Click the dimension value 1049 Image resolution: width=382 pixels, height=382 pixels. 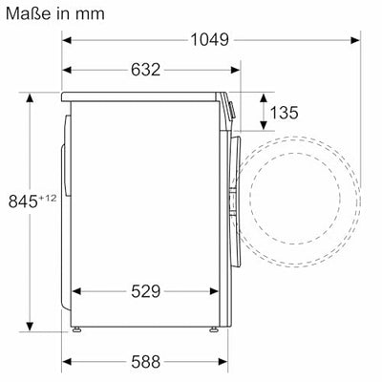click(x=209, y=40)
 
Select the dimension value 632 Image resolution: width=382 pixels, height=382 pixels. click(x=145, y=70)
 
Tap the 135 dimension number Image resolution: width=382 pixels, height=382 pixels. click(x=284, y=113)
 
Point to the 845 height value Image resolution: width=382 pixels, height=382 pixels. click(x=23, y=202)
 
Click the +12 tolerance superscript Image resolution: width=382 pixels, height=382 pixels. click(x=48, y=199)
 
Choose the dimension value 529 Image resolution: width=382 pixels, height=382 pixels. click(x=145, y=291)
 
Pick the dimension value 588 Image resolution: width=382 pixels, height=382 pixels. click(x=145, y=361)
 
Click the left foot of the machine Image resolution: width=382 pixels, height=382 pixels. click(x=76, y=329)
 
